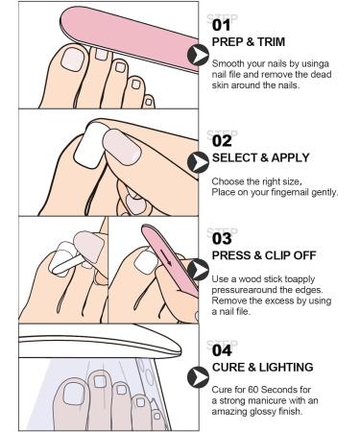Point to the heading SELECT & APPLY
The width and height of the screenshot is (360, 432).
(x=262, y=156)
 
